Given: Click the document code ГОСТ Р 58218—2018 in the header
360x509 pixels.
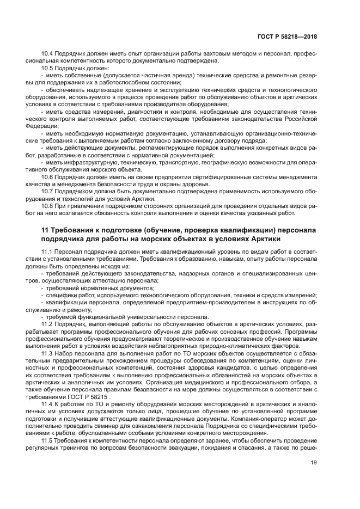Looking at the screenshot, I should click(x=287, y=37).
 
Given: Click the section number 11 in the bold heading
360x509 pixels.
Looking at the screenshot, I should click(x=45, y=231).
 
